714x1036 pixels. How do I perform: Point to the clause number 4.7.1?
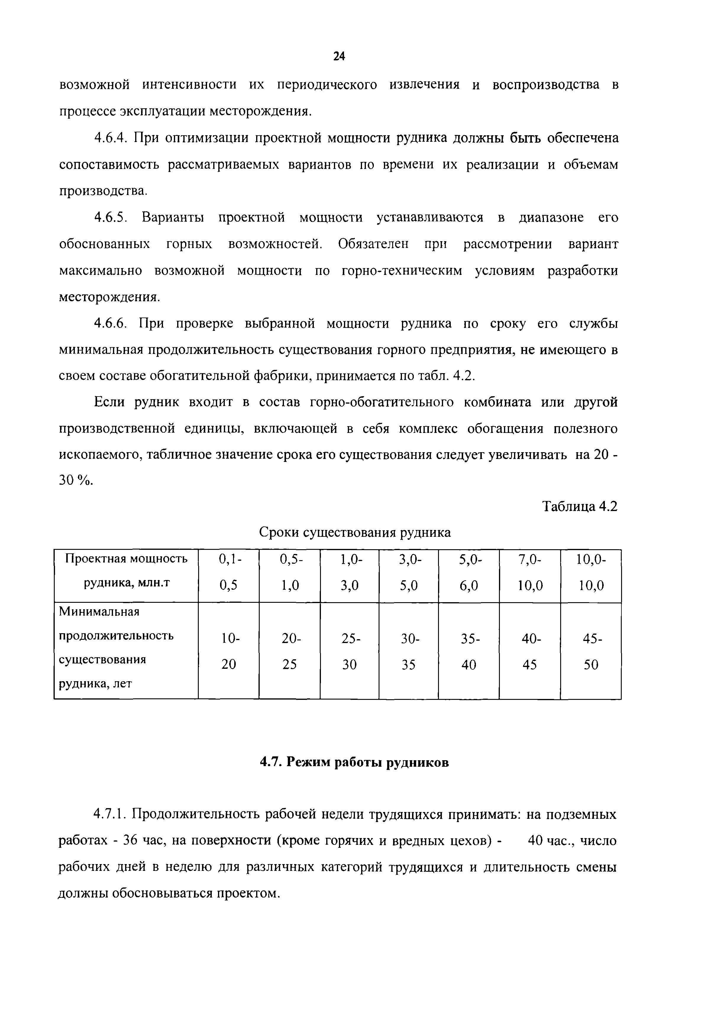(111, 814)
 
